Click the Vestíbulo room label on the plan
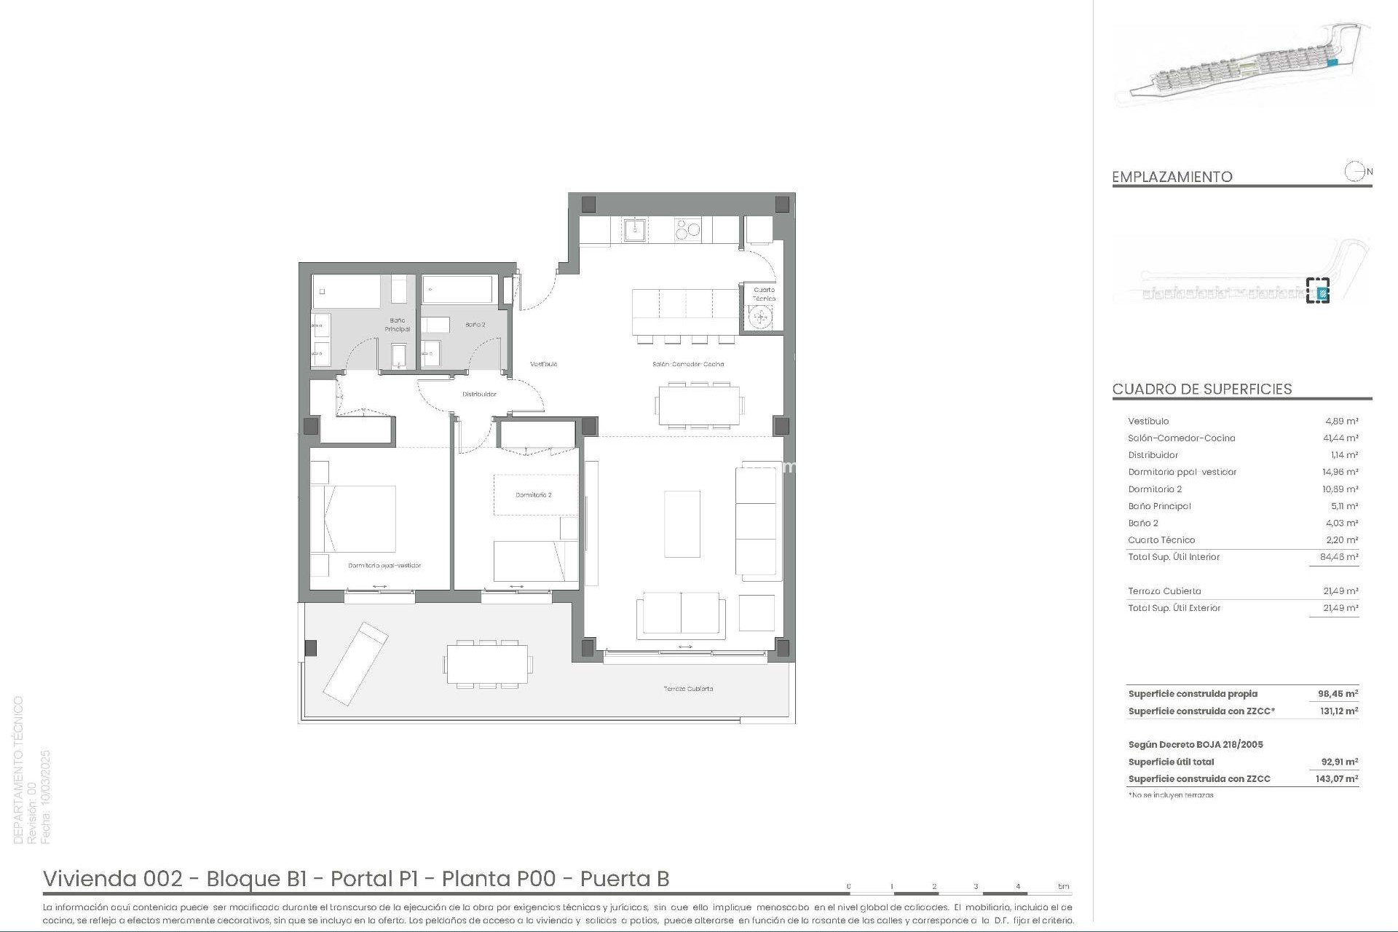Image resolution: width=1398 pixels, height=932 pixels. click(x=543, y=364)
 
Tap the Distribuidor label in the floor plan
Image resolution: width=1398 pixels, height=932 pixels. click(x=479, y=395)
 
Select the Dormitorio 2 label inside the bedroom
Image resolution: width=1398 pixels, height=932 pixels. click(x=533, y=495)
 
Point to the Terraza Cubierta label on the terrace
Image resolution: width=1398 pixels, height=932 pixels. click(x=687, y=689)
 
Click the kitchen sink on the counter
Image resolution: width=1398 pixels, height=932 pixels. click(x=633, y=230)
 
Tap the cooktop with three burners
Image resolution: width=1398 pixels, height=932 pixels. click(x=687, y=230)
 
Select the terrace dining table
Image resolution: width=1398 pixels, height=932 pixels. click(x=488, y=665)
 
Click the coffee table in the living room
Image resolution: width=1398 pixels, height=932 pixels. click(x=682, y=524)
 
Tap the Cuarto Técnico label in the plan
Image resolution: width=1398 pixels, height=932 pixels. click(x=763, y=294)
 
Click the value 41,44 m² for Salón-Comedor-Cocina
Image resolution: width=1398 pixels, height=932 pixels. click(x=1340, y=438)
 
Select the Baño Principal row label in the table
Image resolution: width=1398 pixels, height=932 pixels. click(x=1159, y=506)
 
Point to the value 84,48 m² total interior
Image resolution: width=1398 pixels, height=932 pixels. click(x=1339, y=557)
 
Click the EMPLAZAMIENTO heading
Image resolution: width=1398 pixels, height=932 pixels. click(x=1172, y=177)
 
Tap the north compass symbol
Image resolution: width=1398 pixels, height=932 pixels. click(x=1354, y=172)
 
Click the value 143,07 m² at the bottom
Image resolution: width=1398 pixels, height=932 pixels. click(x=1338, y=779)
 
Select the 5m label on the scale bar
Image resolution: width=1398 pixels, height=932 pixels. click(x=1063, y=886)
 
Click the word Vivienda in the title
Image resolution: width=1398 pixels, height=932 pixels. click(x=90, y=879)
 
